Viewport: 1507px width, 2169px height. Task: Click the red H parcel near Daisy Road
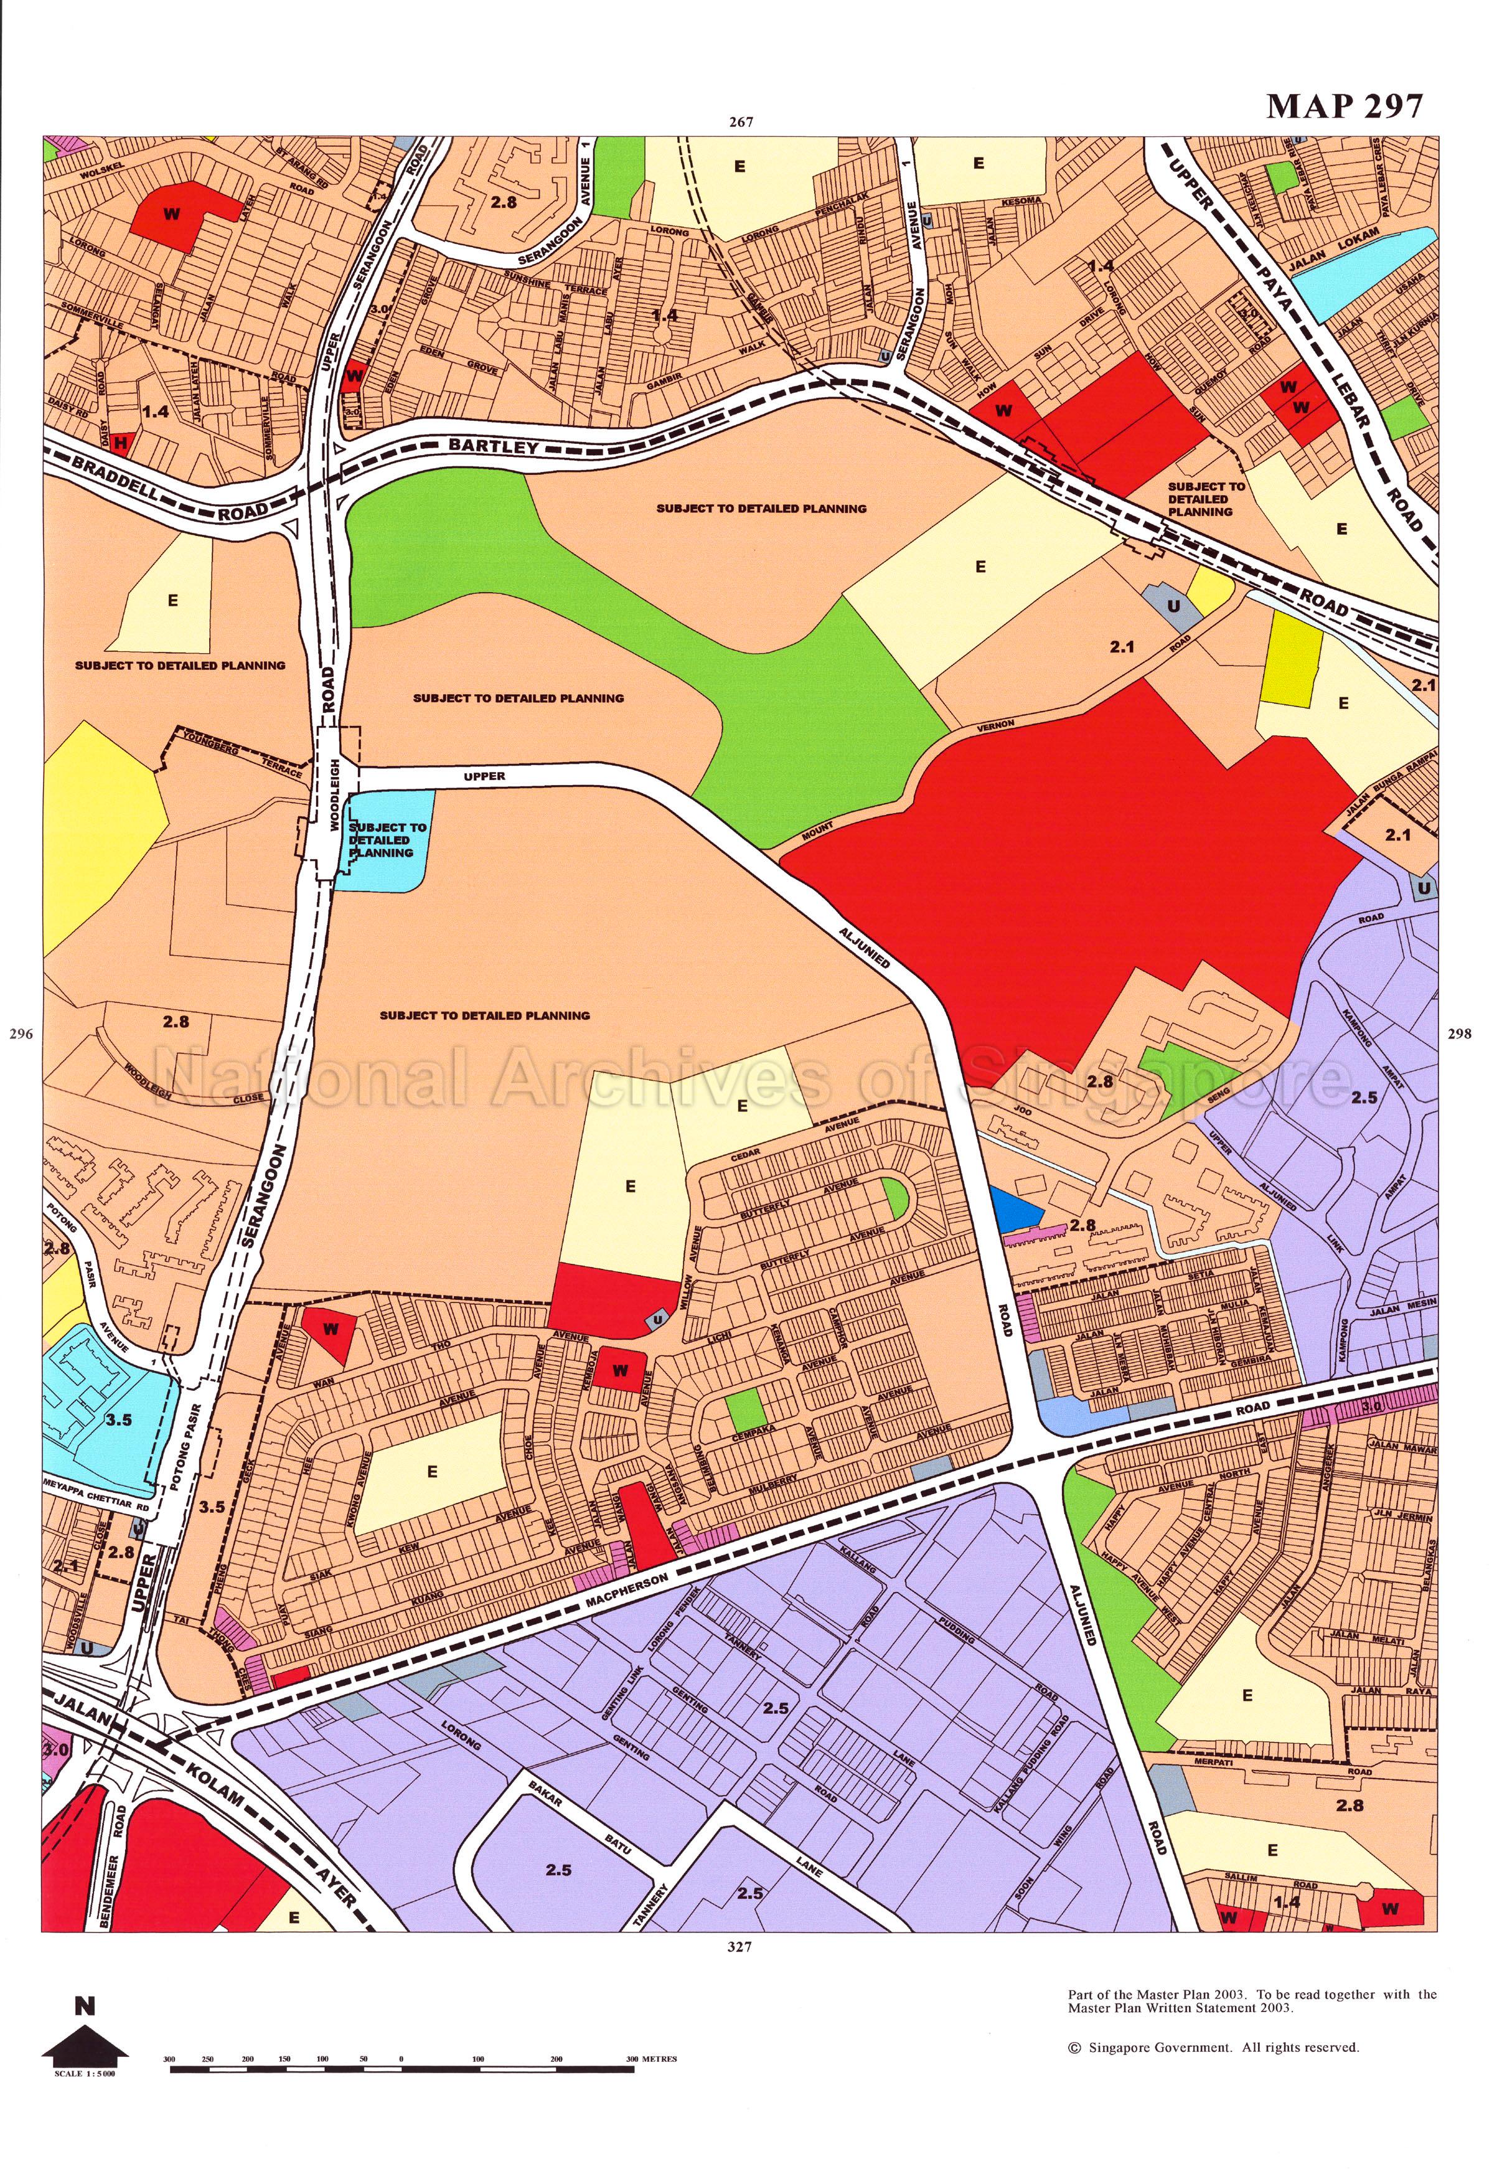coord(120,443)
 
